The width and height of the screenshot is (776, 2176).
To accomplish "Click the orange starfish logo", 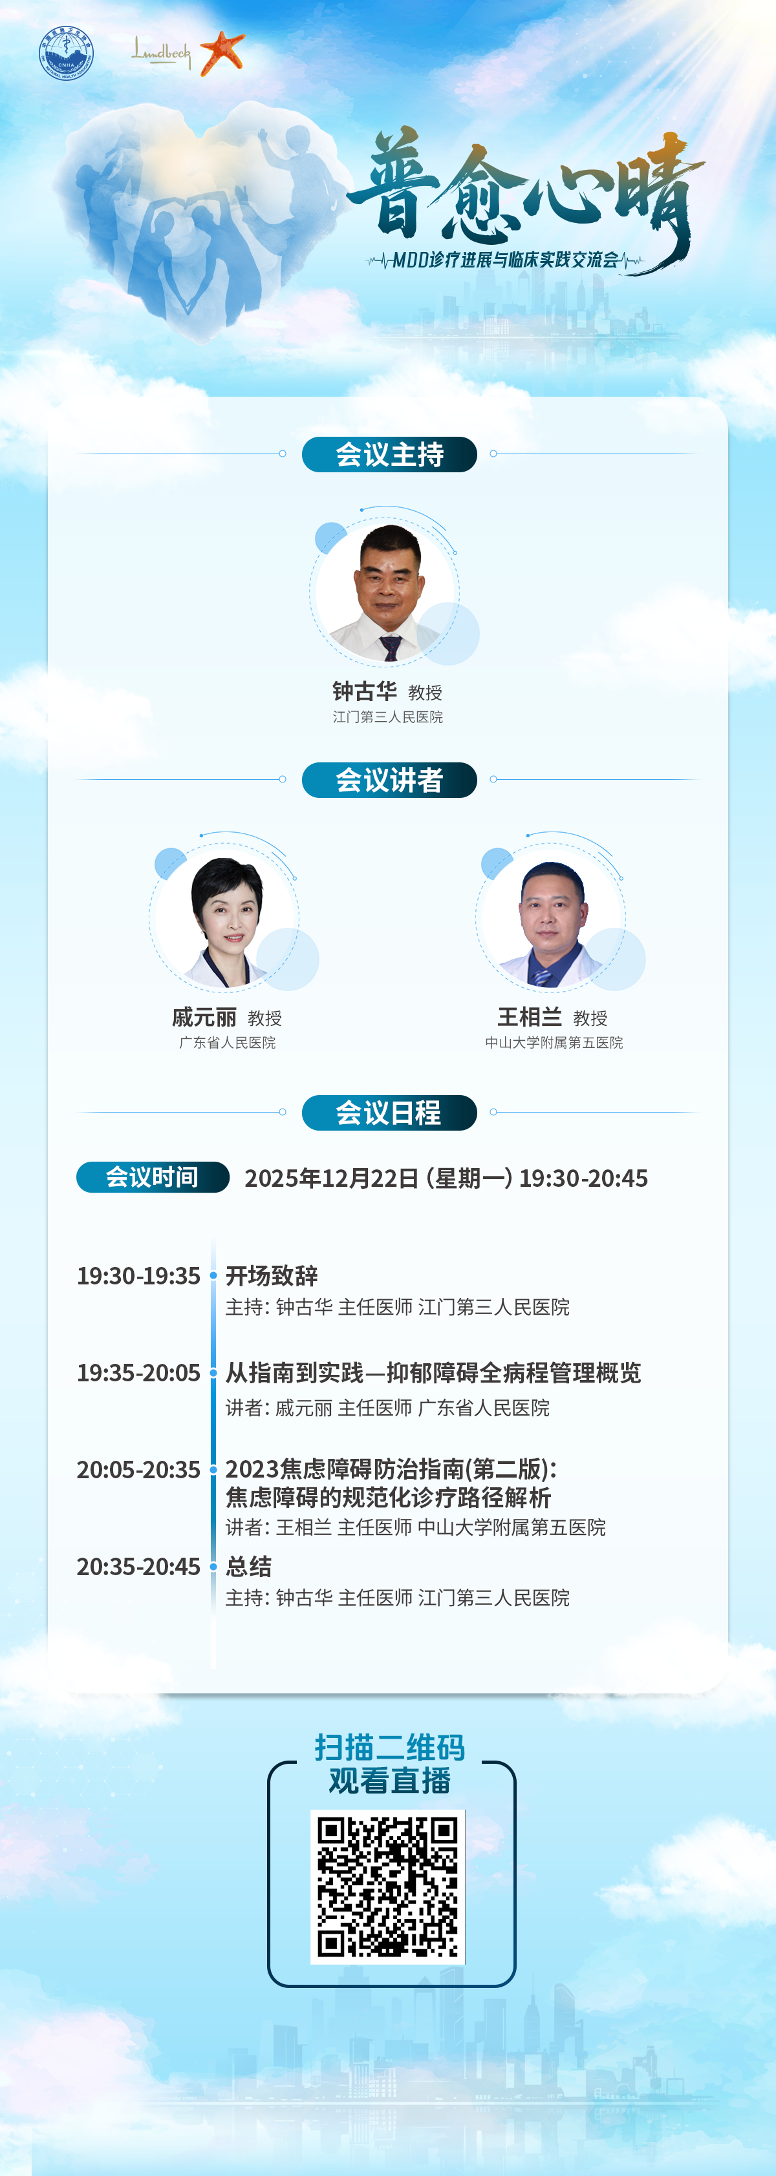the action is [x=222, y=52].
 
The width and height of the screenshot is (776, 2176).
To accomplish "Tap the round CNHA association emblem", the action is [x=66, y=53].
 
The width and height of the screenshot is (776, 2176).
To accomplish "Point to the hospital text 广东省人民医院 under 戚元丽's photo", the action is [x=228, y=1042].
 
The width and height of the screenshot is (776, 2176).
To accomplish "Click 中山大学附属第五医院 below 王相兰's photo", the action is [x=554, y=1042].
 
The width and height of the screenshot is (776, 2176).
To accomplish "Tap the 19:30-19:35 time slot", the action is [x=138, y=1275].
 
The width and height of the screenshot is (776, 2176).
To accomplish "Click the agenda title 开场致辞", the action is [x=272, y=1275].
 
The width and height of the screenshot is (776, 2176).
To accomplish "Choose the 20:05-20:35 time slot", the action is [x=138, y=1470].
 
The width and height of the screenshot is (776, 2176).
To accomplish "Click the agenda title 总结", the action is [x=248, y=1567].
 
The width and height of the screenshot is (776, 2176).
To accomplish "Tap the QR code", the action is [x=388, y=1887].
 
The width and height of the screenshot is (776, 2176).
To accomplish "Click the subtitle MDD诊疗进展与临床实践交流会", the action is [x=506, y=259].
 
